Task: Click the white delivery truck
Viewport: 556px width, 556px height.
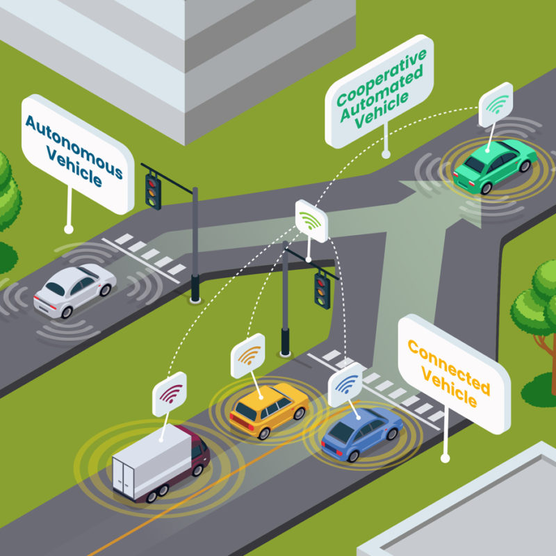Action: [159, 461]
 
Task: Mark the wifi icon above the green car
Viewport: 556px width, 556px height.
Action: [496, 105]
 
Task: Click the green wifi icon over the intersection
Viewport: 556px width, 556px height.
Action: [311, 221]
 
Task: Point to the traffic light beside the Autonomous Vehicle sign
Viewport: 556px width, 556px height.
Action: [152, 188]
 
